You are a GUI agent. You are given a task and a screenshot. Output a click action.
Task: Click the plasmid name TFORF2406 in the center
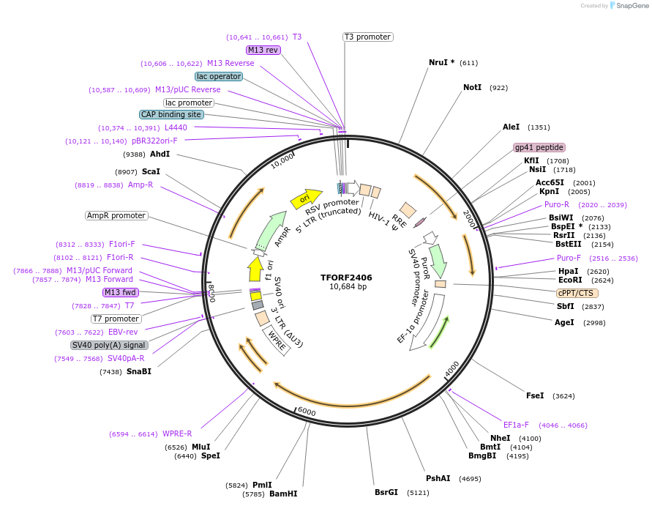[346, 278]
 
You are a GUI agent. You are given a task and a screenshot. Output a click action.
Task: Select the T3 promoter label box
[367, 37]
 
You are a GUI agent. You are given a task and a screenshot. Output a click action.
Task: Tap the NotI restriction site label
[473, 87]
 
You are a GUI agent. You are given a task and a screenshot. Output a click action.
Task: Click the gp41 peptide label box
[539, 147]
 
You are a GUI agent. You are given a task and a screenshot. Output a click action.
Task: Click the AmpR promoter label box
[116, 215]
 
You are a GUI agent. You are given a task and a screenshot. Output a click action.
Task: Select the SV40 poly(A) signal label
[109, 345]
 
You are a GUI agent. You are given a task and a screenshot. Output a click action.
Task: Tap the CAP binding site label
[171, 114]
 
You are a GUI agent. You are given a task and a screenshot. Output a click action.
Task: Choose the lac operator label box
[219, 76]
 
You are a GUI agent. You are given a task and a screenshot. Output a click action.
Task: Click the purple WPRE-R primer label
[177, 434]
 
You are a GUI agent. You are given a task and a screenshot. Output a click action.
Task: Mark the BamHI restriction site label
[283, 494]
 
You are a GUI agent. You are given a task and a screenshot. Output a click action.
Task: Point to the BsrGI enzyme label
[386, 492]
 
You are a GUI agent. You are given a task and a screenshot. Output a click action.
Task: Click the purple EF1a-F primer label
[515, 425]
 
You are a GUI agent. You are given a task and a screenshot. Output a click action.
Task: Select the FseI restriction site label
[535, 395]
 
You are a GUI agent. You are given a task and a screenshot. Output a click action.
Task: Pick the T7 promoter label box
[116, 319]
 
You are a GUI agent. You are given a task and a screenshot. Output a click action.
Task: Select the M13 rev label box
[263, 50]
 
